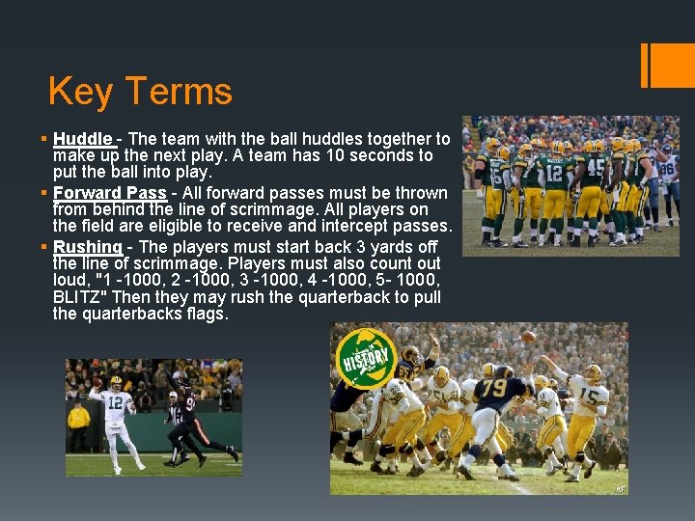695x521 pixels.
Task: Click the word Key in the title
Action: (x=80, y=92)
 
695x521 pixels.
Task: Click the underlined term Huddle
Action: (x=82, y=139)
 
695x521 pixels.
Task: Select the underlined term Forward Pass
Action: (x=110, y=193)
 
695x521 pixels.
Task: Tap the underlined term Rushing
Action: (x=87, y=247)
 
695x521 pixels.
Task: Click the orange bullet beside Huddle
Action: (x=43, y=139)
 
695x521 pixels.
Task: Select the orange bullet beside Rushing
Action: (x=43, y=246)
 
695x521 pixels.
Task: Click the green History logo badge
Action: (x=366, y=358)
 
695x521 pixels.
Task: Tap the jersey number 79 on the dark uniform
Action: (x=494, y=388)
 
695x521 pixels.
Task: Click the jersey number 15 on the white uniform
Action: (x=590, y=396)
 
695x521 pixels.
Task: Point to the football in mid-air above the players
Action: (x=528, y=337)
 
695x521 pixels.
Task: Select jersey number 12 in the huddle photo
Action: (x=554, y=174)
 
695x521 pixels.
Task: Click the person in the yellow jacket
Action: (x=78, y=426)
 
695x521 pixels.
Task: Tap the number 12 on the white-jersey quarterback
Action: (x=115, y=402)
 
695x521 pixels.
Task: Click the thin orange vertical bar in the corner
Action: (x=645, y=66)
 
